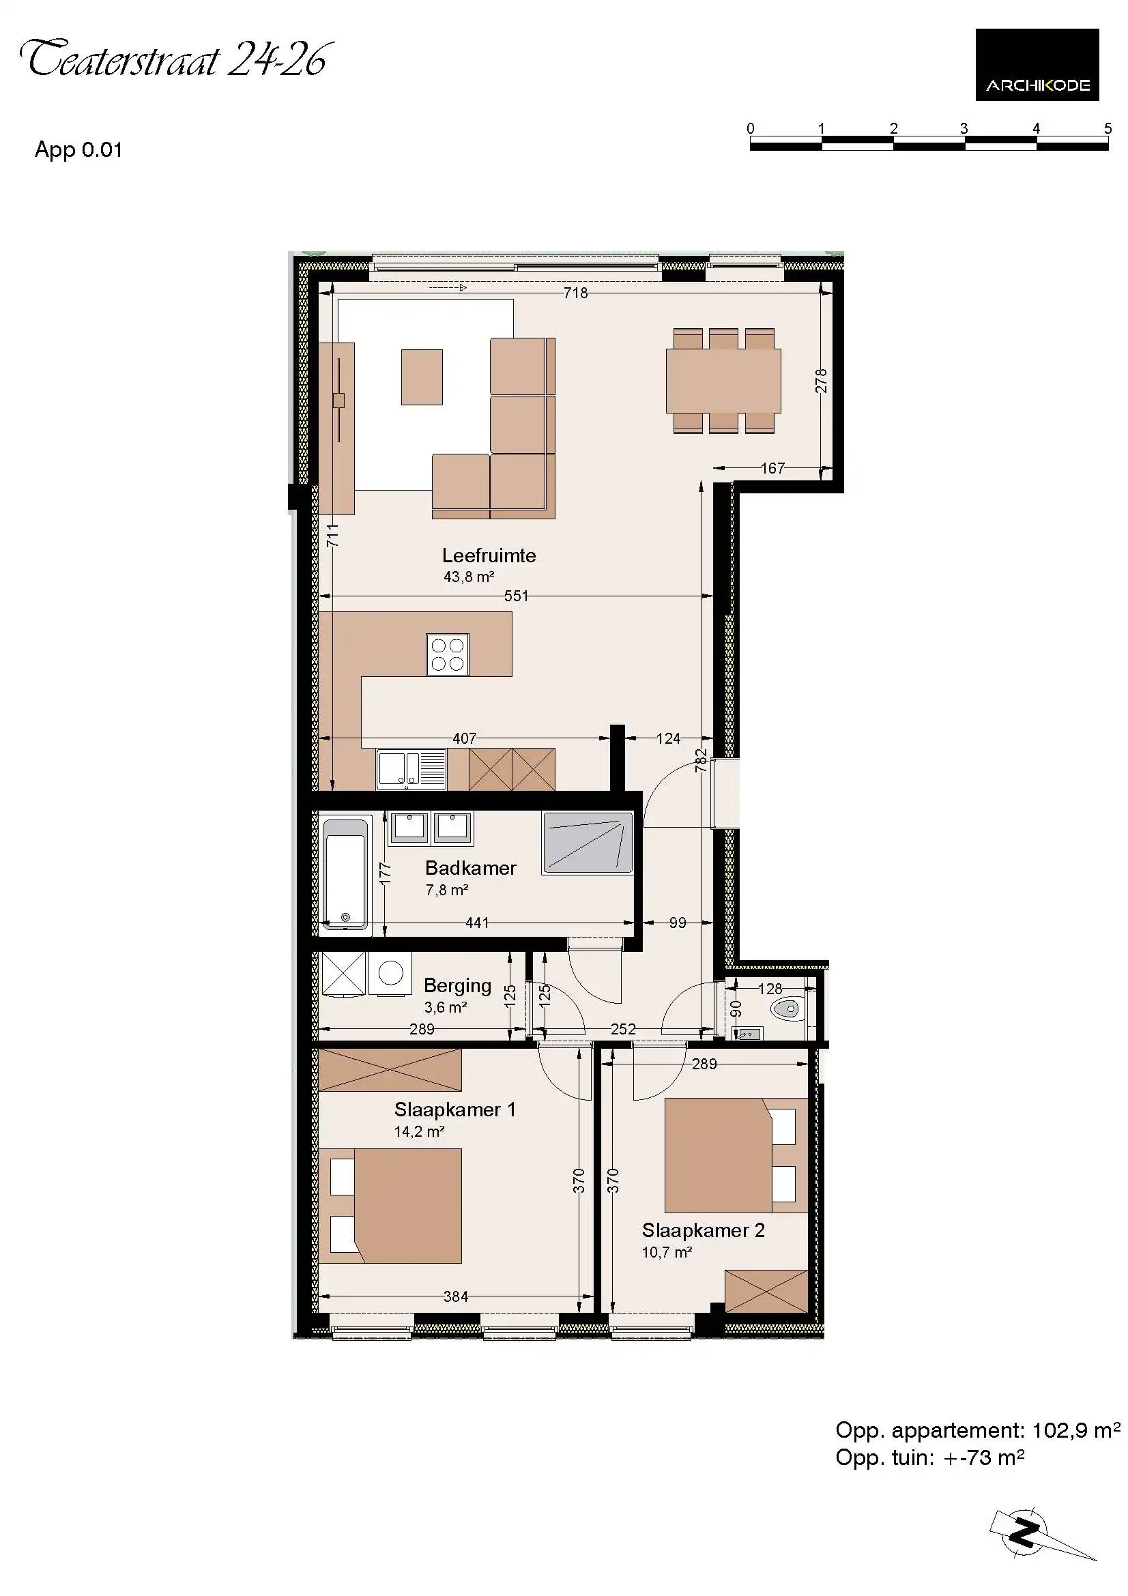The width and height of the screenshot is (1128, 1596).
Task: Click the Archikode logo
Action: point(1037,65)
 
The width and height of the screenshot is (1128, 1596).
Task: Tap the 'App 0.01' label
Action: point(78,149)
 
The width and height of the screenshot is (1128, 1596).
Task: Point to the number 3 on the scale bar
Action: point(964,128)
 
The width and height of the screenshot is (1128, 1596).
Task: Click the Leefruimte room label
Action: point(489,555)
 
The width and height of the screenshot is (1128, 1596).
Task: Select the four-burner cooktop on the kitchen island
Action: point(448,655)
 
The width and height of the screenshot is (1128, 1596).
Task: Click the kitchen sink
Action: point(411,770)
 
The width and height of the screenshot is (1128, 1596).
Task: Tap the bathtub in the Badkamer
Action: point(345,874)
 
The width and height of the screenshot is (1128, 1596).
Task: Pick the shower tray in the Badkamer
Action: point(588,843)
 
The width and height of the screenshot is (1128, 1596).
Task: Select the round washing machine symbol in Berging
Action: point(390,973)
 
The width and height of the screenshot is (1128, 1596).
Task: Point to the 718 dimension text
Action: point(575,293)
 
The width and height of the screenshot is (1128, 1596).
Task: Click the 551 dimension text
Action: point(516,596)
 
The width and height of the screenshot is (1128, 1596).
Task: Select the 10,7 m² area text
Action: point(667,1252)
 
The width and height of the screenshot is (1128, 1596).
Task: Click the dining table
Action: point(723,381)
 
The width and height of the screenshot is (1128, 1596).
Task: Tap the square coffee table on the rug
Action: point(422,377)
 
